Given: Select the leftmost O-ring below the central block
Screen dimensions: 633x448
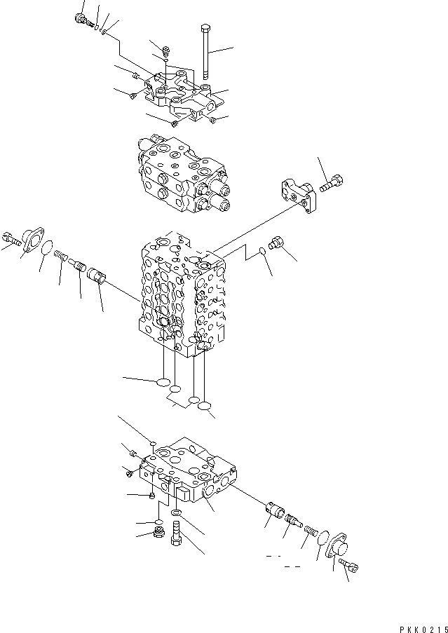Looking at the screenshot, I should coord(163,383).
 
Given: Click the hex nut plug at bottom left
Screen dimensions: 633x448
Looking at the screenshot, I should coord(159,535).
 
